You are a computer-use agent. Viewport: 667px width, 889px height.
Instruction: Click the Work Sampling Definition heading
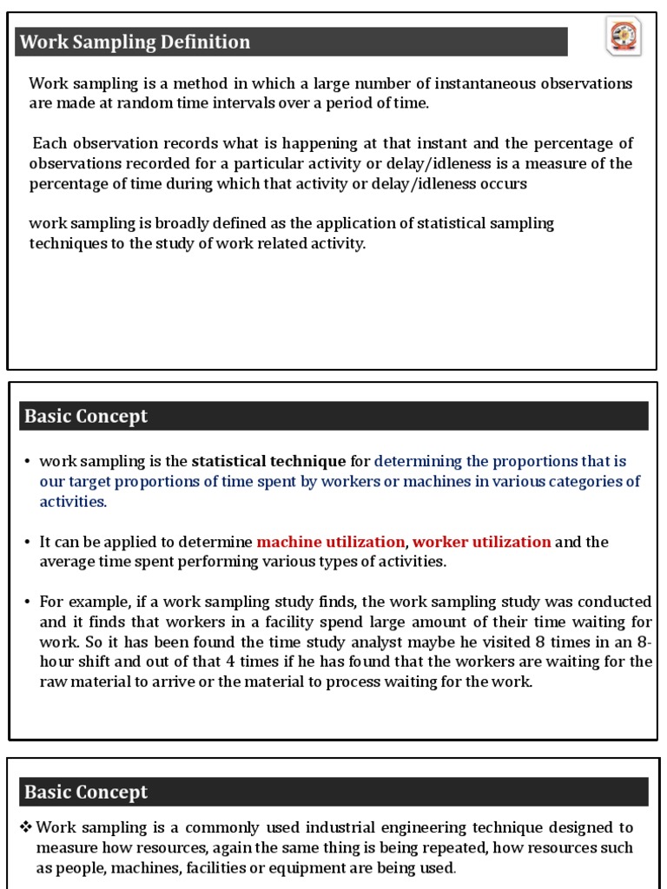pos(135,42)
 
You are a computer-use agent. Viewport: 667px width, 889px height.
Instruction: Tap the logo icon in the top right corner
pos(623,37)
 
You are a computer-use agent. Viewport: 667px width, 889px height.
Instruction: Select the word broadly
pos(171,223)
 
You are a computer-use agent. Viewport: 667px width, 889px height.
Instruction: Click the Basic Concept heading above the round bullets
pos(86,416)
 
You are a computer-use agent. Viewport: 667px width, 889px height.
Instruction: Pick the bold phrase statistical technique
pos(268,461)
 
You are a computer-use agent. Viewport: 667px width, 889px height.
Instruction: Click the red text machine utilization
pos(331,542)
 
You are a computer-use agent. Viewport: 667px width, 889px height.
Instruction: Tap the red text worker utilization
pos(481,542)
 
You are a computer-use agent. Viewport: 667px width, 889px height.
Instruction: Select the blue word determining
pos(418,461)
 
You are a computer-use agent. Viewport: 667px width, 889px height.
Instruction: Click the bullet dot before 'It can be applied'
pos(28,542)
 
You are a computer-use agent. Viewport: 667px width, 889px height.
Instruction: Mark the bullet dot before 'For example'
pos(28,602)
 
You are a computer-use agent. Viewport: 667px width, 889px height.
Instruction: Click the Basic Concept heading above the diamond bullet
pos(86,792)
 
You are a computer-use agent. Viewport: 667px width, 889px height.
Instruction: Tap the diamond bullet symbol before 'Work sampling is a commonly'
pos(26,827)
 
